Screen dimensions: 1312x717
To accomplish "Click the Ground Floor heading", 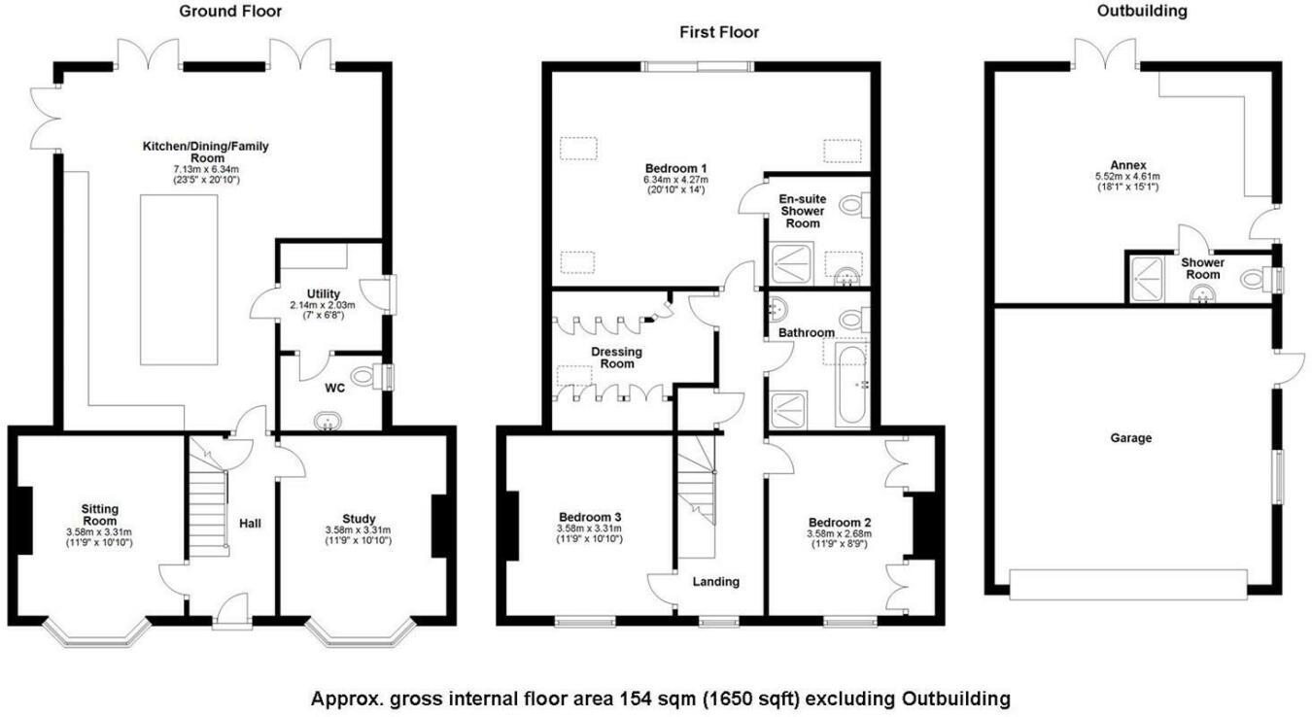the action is coord(230,11).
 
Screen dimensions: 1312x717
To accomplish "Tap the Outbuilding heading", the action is coord(1142,11).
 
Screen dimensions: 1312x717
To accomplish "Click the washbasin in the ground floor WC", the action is coord(328,421).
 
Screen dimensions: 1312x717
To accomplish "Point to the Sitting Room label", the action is coord(99,515).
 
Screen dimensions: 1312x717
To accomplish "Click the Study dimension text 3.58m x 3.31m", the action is coord(359,530).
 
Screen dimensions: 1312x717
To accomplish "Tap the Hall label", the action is coord(250,524).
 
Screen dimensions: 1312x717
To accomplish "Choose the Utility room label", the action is coord(324,293).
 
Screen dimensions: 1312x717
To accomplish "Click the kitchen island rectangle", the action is coord(179,280).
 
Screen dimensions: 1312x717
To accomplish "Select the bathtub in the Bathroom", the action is coord(852,384).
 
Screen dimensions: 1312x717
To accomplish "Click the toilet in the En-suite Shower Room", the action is coord(854,205).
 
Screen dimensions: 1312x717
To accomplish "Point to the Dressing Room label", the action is coord(617,358).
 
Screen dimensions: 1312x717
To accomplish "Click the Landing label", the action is coord(715,581).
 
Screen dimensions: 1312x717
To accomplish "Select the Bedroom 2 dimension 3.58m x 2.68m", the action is coord(839,533).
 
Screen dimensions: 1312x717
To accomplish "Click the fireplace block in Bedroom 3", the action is coord(512,526).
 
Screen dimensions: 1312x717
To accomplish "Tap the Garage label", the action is coord(1131,438).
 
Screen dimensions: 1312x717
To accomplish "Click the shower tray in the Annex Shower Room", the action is coord(1146,279).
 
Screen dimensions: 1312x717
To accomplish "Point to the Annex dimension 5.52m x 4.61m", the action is coord(1127,176).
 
